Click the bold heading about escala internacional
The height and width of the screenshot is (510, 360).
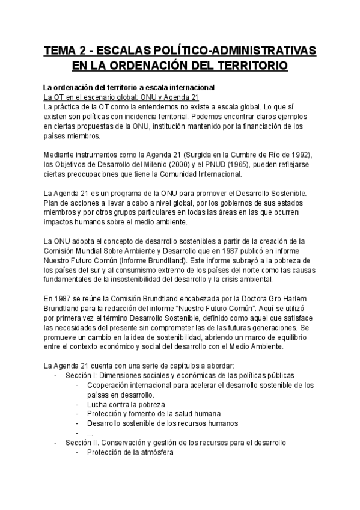pos(129,87)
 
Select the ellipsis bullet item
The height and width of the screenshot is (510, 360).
pos(90,433)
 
